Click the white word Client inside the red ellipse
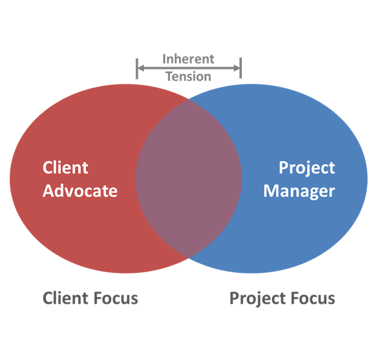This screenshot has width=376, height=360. coord(65,168)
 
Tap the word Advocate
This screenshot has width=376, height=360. coord(80,191)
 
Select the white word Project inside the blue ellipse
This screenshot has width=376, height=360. coord(306,168)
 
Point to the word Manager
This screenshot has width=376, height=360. coord(299,191)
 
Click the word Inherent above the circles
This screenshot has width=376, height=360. coord(188,59)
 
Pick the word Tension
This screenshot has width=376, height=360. coord(188,76)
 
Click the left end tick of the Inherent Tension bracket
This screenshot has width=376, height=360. coord(137,68)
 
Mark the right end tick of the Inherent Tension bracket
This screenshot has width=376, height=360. coord(241,68)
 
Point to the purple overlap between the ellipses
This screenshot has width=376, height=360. coord(188,178)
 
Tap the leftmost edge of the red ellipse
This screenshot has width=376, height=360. coord(10,178)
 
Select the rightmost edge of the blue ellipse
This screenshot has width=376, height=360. coord(366,178)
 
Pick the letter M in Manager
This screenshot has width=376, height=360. coord(270,191)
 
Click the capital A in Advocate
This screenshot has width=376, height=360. coord(48,191)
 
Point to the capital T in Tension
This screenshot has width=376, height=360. coord(169,76)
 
